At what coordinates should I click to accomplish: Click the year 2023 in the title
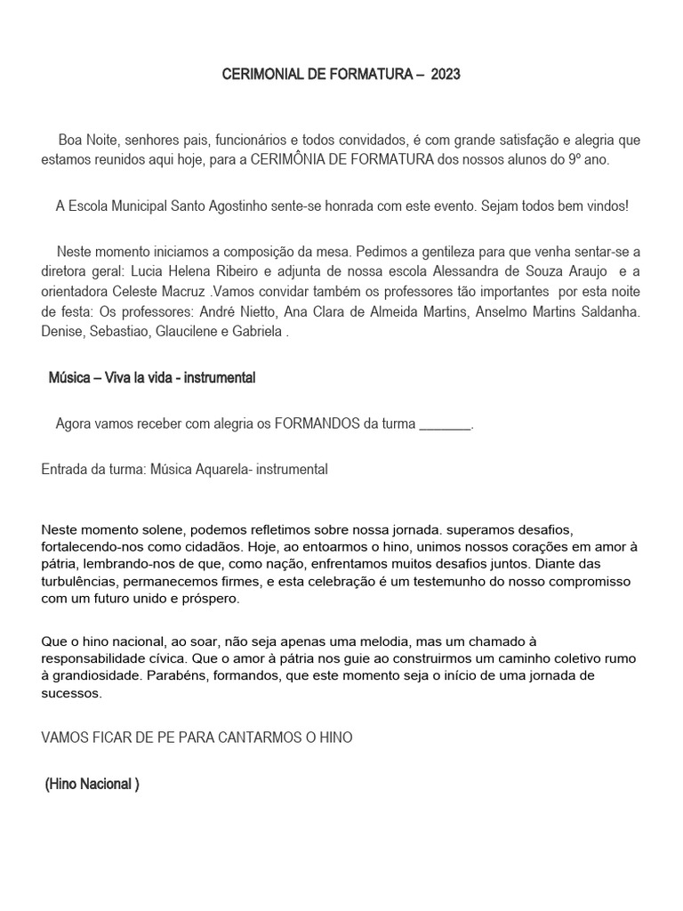(x=446, y=76)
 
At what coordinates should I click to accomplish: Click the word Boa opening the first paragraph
(x=70, y=141)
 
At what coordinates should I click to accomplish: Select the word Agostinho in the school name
(x=263, y=206)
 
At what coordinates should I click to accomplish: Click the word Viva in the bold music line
(x=122, y=378)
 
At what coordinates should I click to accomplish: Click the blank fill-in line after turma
(x=444, y=423)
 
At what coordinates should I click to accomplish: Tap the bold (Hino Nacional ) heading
(x=92, y=785)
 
